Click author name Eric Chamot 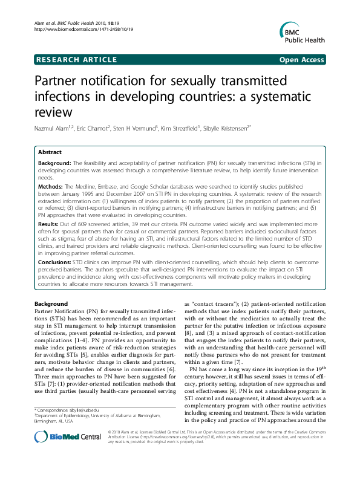click(91, 128)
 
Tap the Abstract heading click(50, 152)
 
